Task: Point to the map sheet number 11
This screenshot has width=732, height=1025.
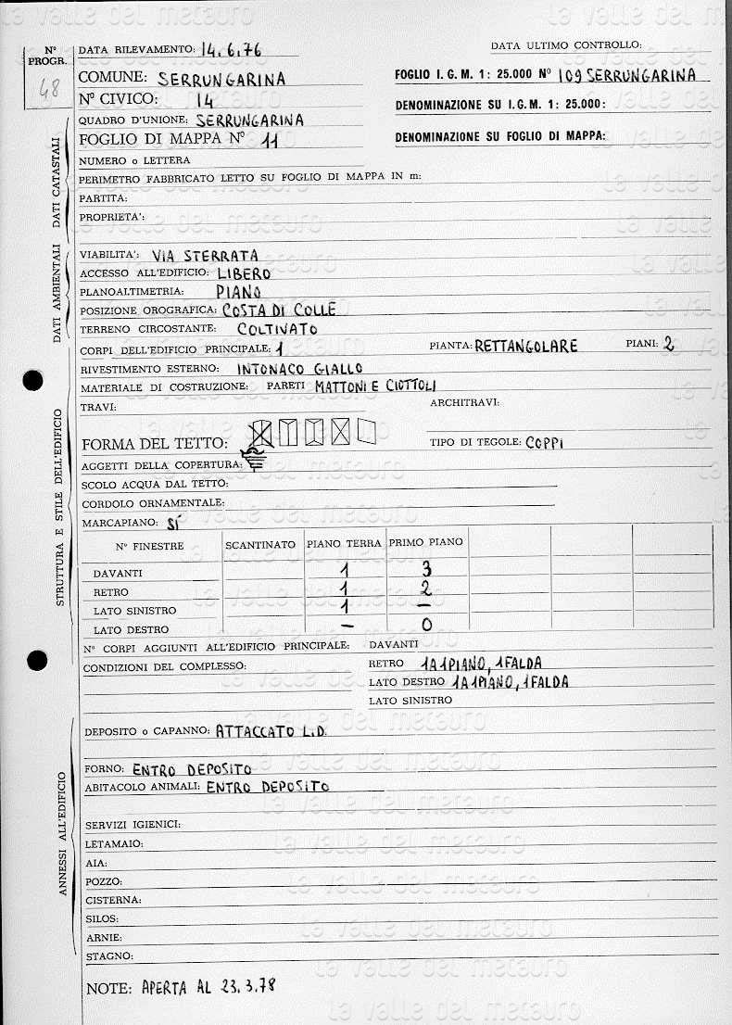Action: pos(271,141)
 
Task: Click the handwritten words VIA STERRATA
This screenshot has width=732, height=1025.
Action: pos(205,256)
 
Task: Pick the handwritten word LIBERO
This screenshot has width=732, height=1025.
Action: pos(244,273)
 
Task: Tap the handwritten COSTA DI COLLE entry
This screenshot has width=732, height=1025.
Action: pos(278,310)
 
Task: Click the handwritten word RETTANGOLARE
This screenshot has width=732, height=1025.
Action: pos(525,347)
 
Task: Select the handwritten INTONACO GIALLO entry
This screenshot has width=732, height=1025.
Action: pos(300,368)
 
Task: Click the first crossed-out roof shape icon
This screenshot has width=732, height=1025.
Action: pos(262,432)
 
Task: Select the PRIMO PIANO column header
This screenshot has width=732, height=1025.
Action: pos(425,542)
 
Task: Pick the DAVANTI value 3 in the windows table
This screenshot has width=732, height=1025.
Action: pos(426,569)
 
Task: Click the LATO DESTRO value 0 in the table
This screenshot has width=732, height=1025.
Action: pos(426,625)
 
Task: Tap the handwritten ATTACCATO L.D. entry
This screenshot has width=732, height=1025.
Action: pos(269,730)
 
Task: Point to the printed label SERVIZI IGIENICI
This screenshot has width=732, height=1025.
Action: pos(133,825)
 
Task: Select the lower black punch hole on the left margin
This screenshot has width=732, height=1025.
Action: pos(37,660)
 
